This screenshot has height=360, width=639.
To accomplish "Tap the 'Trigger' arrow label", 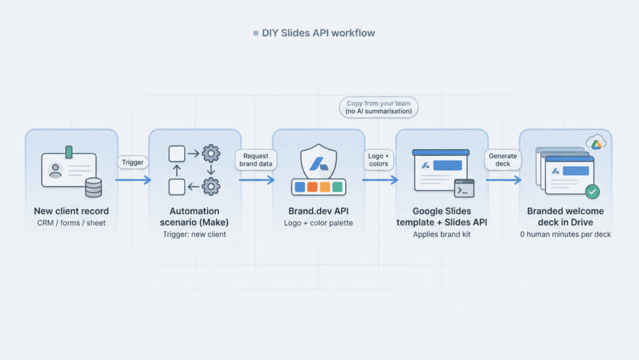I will (132, 162).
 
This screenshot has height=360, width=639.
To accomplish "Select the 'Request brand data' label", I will (256, 159).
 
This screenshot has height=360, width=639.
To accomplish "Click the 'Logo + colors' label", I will (379, 159).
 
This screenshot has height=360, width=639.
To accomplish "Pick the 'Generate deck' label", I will (502, 159).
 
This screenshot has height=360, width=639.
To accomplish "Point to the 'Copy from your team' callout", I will (379, 107).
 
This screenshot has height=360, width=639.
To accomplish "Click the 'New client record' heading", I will (72, 211).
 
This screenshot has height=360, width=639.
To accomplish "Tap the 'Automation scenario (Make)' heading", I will (195, 215).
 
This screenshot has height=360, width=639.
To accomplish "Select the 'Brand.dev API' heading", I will (318, 211).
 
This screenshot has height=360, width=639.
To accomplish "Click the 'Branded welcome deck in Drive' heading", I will (565, 215).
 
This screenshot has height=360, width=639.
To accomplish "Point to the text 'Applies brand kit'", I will (442, 234).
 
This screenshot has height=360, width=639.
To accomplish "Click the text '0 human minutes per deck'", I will (565, 234).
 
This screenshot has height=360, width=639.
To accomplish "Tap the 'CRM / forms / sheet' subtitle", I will (72, 223).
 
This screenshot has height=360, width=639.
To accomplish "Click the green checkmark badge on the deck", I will (592, 191).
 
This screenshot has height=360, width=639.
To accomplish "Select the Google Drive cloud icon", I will (595, 143).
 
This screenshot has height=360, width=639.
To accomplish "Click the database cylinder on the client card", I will (93, 187).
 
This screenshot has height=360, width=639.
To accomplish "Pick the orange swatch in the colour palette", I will (313, 187).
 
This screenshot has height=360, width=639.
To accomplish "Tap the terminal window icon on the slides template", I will (464, 188).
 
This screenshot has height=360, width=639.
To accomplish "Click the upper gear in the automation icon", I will (210, 153).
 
